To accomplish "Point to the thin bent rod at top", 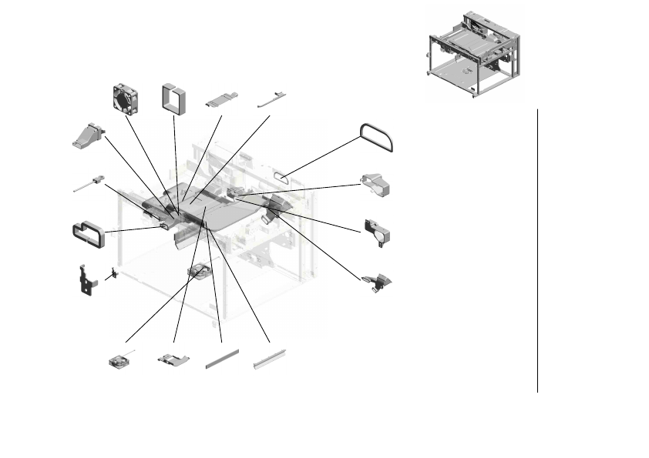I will click(x=271, y=98).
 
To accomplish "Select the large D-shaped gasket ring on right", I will click(x=376, y=138).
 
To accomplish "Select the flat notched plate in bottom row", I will click(x=173, y=359).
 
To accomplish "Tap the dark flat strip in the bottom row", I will click(x=221, y=359).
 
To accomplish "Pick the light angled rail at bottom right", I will click(x=271, y=358).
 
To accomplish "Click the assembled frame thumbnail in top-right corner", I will click(x=472, y=51).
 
